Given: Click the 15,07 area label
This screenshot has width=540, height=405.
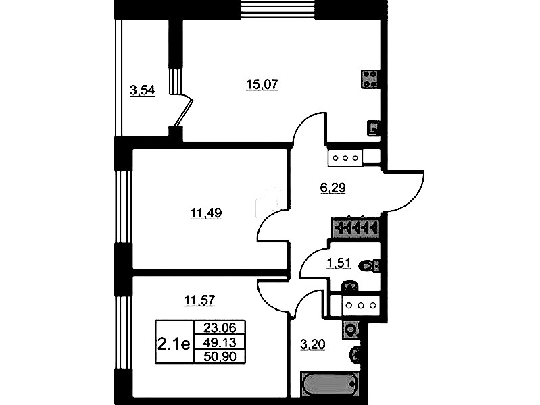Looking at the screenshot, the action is pos(262,84).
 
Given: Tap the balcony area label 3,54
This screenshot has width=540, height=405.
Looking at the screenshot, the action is pos(142,90).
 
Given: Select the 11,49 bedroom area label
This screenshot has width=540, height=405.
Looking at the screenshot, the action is pos(206,213).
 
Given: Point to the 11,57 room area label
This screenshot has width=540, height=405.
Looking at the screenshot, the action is pos(200,300).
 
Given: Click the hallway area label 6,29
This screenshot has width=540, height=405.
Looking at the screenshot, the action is pos(333,188).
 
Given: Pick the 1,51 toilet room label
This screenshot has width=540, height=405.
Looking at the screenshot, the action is pos(339,263).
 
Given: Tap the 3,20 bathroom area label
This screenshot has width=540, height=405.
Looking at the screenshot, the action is pos(313,344).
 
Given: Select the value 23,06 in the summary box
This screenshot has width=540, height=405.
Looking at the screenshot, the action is pos(220,328).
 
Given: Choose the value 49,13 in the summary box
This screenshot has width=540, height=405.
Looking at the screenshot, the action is pos(220,342).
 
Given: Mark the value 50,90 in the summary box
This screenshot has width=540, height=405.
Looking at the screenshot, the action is pos(220,356).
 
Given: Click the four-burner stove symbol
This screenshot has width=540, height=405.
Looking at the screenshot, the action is pos(370,79).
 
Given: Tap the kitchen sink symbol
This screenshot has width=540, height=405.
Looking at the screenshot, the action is pos(373,128).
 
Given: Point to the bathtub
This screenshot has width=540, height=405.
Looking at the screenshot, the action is pos(330,383).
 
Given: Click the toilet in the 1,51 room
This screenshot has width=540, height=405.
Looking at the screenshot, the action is pos(369,266).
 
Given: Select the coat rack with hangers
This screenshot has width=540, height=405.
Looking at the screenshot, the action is pos(355,227).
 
